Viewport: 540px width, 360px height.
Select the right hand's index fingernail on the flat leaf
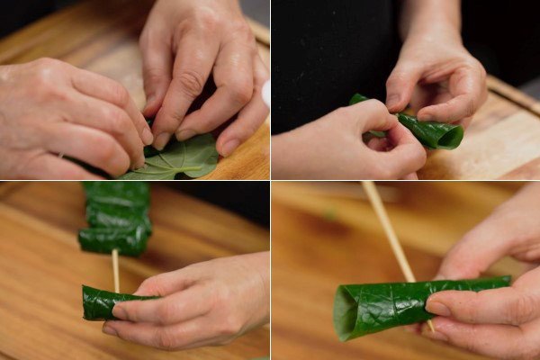click(161, 140)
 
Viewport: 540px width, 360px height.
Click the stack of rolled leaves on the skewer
click(115, 216)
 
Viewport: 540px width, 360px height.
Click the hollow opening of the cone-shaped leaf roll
click(346, 312)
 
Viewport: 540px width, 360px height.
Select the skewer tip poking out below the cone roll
click(430, 326)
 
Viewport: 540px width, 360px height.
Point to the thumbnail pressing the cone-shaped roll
click(437, 307)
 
